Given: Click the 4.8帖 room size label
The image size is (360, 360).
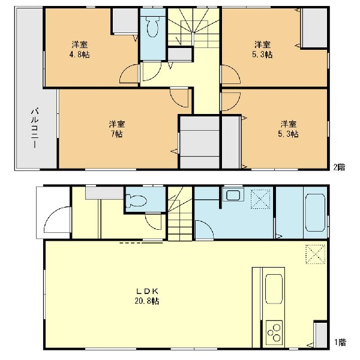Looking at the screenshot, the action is click(79, 55).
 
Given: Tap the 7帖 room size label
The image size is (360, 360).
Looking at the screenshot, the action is click(117, 134).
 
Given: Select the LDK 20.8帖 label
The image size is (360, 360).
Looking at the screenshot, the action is click(147, 296).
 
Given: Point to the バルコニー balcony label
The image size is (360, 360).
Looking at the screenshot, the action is click(35, 128).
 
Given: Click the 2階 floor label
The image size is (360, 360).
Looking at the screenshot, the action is click(340, 167).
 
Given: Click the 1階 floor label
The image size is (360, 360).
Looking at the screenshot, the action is click(340, 343).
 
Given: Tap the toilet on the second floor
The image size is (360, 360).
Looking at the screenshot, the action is click(152, 28).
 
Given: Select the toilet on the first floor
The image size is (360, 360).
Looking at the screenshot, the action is click(137, 201).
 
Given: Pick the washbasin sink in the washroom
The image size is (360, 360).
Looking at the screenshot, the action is click(233, 196).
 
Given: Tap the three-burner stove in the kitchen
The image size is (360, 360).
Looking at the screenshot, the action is click(274, 332).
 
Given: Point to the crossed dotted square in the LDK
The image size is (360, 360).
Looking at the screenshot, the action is click(316, 254).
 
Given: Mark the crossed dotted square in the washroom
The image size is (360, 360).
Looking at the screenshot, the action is click(260, 199).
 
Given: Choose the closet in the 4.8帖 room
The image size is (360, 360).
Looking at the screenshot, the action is click(125, 21).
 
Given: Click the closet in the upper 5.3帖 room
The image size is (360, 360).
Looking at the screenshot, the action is click(314, 28).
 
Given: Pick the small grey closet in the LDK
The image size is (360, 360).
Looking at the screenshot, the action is click(321, 335).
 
